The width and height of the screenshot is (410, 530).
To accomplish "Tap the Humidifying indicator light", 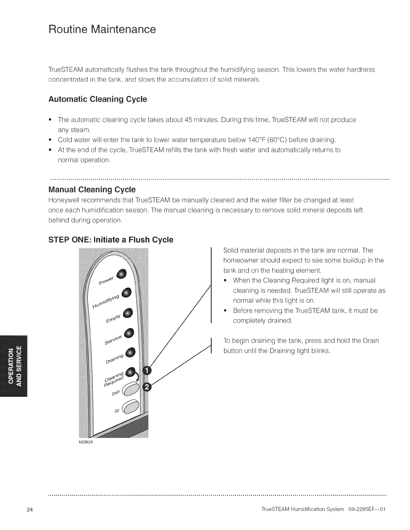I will click(127, 293).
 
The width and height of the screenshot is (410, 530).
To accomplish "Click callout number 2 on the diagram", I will click(147, 387).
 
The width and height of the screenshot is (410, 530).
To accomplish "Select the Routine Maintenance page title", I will click(102, 29).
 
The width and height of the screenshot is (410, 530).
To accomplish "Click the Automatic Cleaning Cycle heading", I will click(97, 100).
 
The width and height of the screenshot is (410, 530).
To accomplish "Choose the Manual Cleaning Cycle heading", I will click(92, 190).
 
